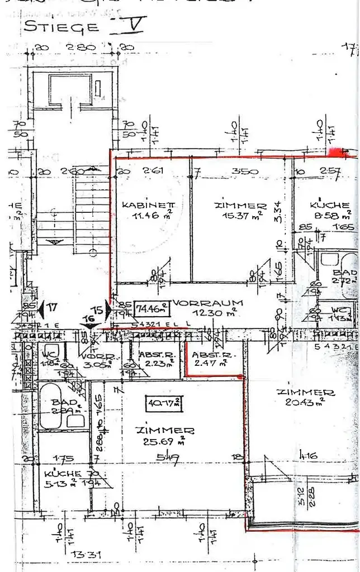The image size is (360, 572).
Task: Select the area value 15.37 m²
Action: [237, 216]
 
